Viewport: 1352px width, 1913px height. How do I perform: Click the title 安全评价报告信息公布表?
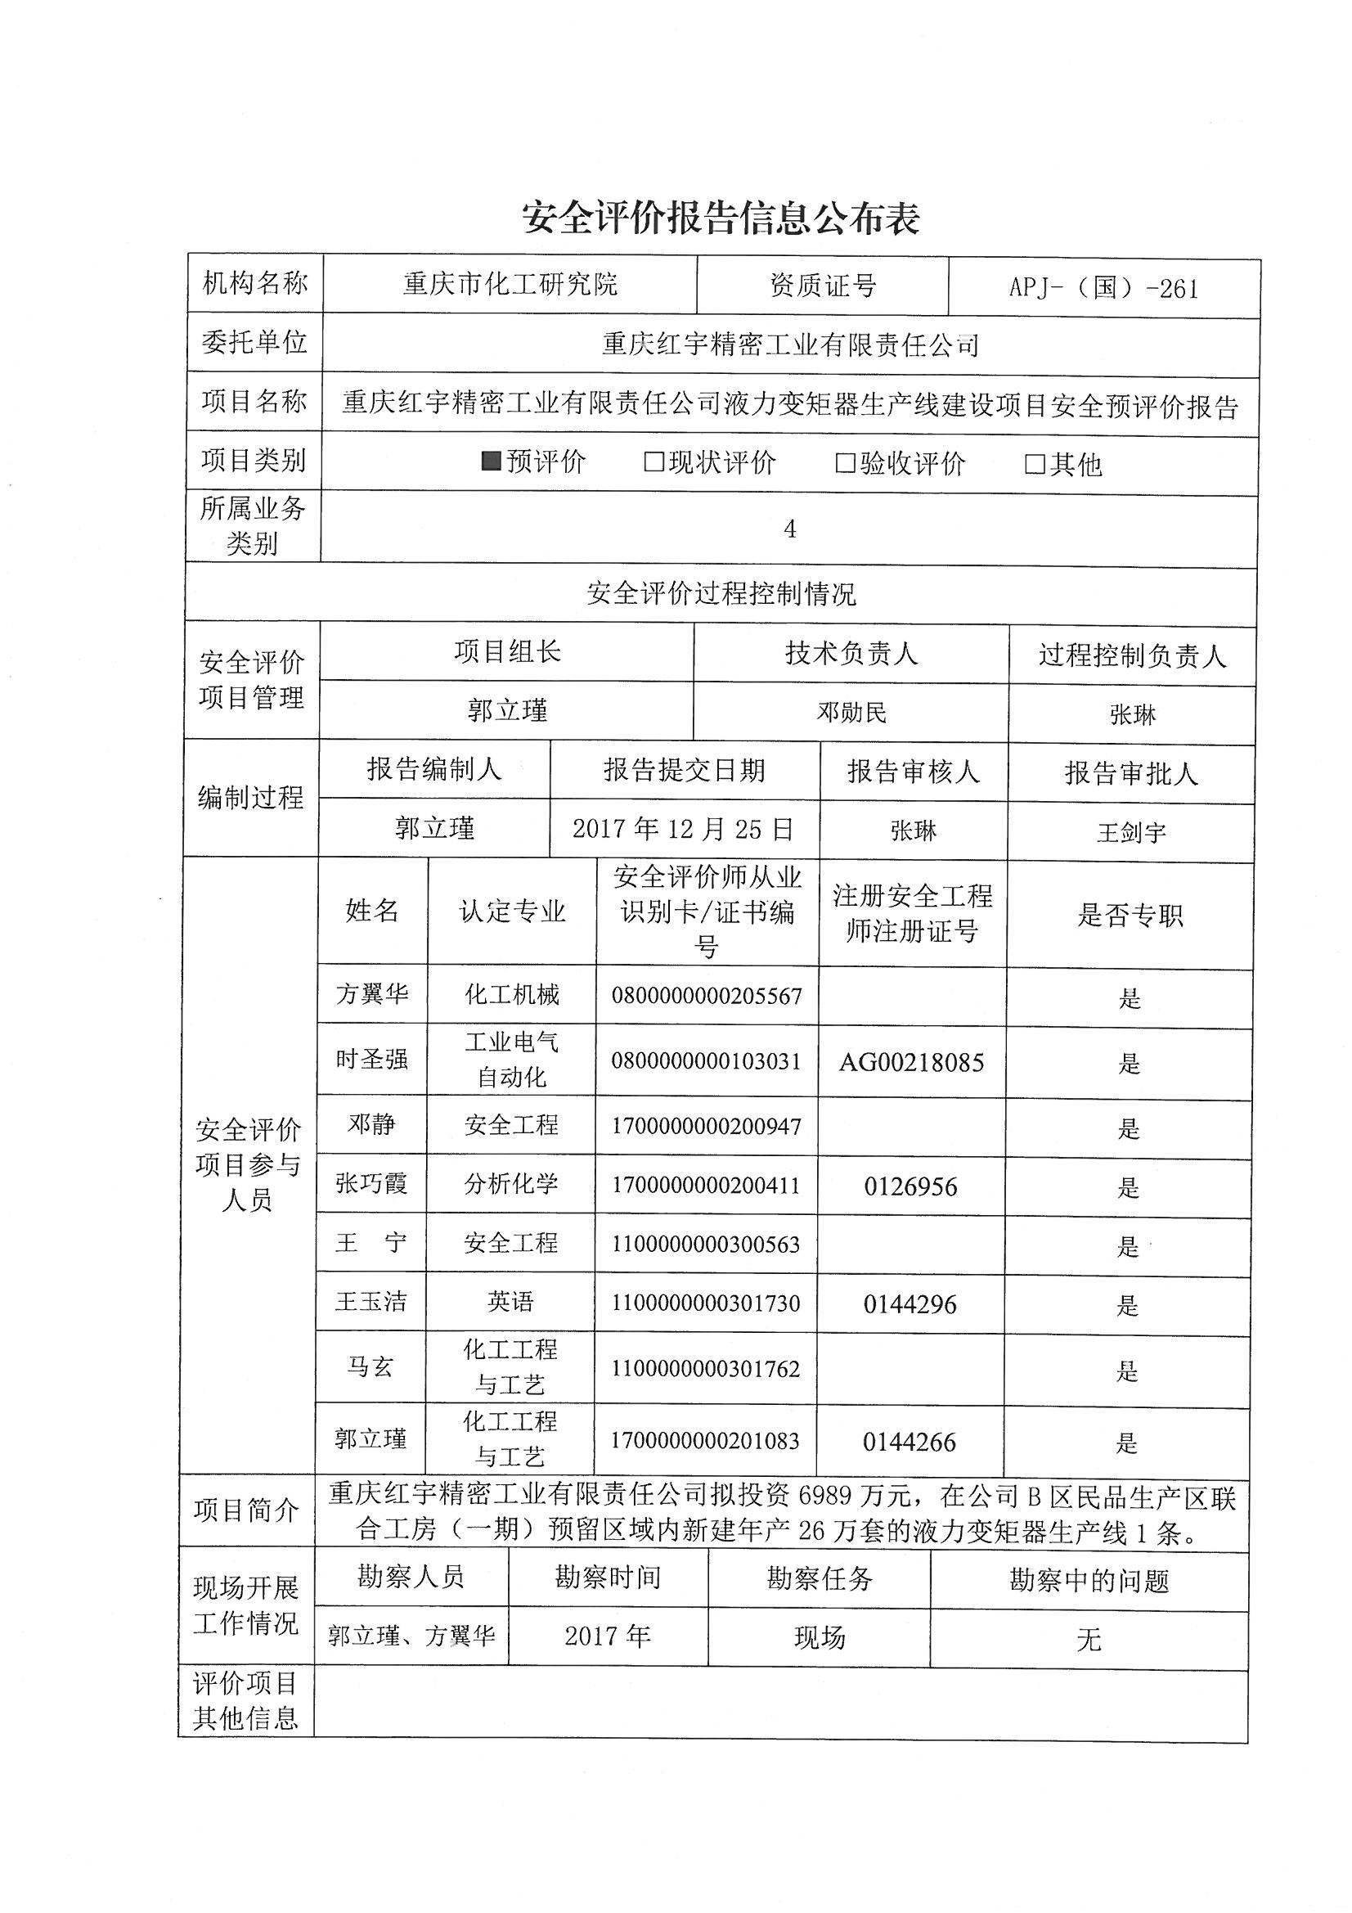(721, 218)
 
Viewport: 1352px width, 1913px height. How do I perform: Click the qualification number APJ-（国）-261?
(1103, 288)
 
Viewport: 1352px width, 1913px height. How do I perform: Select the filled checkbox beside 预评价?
(492, 461)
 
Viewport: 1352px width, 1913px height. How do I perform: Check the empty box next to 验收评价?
(845, 463)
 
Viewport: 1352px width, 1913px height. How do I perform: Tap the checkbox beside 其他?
(1034, 464)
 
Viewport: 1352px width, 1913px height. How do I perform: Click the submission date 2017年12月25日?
(683, 828)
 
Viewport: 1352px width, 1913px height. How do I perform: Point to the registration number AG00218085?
(910, 1062)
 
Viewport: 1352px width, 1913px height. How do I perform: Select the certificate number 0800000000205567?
(707, 996)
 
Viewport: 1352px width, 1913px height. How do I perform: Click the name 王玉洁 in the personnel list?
(371, 1302)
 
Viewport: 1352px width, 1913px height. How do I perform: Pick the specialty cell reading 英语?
(510, 1302)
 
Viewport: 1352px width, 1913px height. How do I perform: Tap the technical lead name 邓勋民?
(851, 713)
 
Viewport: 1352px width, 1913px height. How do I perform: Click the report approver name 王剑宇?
(1130, 832)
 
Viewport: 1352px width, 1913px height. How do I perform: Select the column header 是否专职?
(1130, 916)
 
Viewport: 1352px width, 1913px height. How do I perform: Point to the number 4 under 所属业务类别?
(790, 529)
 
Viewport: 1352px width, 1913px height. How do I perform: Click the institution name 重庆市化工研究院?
(510, 285)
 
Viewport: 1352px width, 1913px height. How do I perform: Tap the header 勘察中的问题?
(1089, 1581)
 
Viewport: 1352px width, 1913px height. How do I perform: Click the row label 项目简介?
(245, 1510)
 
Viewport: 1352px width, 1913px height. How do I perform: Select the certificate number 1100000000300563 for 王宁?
(706, 1245)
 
